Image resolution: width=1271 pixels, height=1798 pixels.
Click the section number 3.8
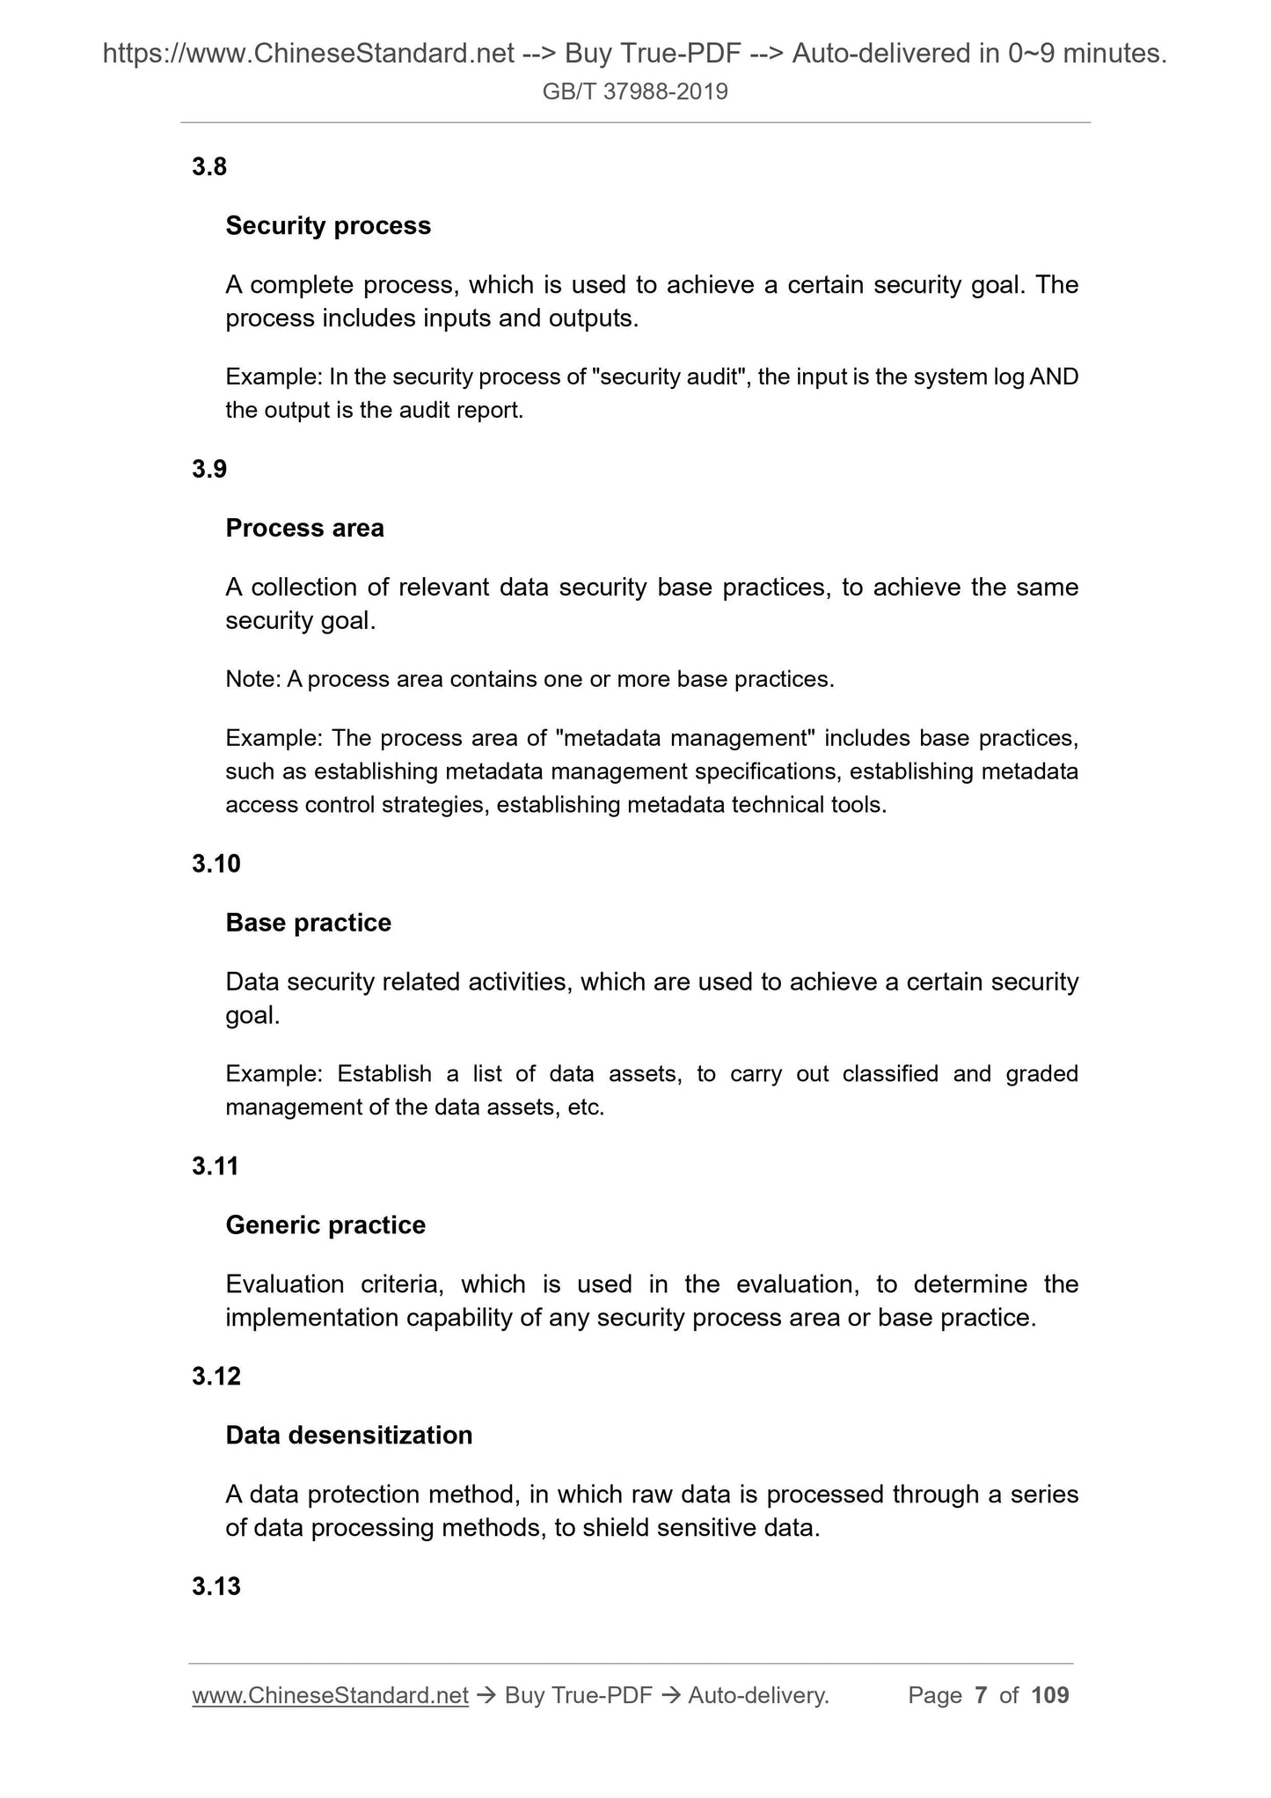tap(209, 166)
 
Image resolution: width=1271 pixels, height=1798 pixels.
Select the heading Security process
tap(328, 226)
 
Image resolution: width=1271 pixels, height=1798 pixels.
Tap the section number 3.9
tap(209, 469)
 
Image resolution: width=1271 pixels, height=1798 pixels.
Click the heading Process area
tap(304, 528)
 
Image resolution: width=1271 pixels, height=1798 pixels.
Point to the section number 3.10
tap(215, 864)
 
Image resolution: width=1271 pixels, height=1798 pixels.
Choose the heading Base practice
tap(308, 923)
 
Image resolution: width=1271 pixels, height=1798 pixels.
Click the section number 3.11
tap(215, 1166)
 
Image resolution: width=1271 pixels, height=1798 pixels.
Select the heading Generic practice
tap(325, 1225)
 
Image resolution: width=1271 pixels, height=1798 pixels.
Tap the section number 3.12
tap(215, 1377)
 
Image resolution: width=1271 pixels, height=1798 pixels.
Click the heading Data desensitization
tap(349, 1436)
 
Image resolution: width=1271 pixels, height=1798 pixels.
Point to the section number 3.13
tap(215, 1587)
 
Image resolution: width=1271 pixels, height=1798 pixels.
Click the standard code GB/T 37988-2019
tap(635, 91)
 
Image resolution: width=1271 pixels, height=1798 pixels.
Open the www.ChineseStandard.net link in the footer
tap(330, 1695)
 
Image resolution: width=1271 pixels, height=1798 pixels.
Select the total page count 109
tap(1049, 1695)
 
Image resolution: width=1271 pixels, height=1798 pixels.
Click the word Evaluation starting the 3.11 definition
tap(284, 1284)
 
